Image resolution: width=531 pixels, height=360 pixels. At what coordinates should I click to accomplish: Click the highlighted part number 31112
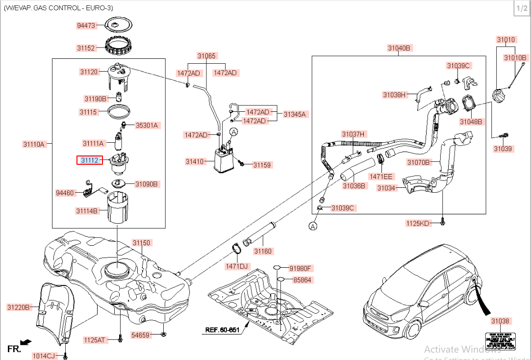tap(90, 160)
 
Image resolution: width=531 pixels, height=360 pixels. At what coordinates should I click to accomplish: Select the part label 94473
tap(86, 25)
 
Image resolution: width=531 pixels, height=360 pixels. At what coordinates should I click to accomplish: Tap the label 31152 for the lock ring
tap(86, 48)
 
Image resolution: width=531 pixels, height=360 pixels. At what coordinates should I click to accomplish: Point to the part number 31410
tap(195, 161)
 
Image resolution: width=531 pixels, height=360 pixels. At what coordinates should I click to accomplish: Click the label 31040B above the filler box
tap(399, 48)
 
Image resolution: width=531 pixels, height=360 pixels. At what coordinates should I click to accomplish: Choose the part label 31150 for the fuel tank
tap(142, 243)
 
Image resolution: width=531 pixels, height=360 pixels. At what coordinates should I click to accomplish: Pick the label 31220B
tap(19, 308)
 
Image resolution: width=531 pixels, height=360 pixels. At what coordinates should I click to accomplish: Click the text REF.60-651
tap(222, 330)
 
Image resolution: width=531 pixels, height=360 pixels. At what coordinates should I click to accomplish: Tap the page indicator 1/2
tap(521, 8)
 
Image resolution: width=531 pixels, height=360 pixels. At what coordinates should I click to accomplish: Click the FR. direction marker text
tap(14, 349)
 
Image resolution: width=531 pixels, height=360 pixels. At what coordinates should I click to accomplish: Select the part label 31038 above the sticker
tap(500, 321)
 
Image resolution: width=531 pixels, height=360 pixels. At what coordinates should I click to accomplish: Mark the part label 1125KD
tap(417, 224)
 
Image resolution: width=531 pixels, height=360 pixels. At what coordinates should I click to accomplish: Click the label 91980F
tap(301, 268)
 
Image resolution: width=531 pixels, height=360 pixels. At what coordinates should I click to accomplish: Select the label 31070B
tap(418, 162)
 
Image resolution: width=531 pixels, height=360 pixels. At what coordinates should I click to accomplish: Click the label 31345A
tap(294, 114)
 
